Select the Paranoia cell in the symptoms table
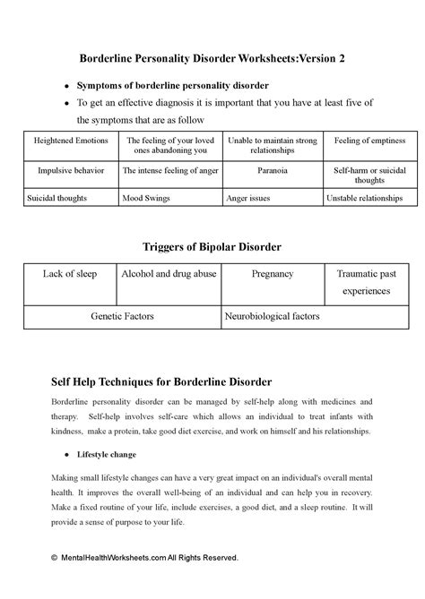tap(272, 169)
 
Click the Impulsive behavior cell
tap(71, 169)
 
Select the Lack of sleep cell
tap(70, 273)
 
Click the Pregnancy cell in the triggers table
tap(272, 273)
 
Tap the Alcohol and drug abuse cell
tap(169, 273)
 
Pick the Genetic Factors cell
tap(122, 316)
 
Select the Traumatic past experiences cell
tap(369, 281)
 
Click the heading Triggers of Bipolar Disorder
tap(212, 245)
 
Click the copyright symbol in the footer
tap(54, 557)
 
